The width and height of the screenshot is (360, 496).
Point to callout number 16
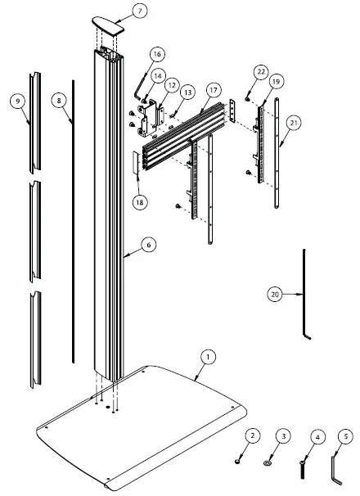pos(157,54)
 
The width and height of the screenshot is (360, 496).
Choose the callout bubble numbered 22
pos(260,72)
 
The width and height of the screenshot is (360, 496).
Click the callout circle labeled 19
pos(276,82)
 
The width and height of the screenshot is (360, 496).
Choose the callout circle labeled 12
pos(171,84)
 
